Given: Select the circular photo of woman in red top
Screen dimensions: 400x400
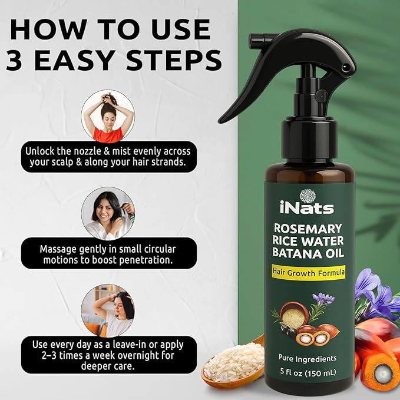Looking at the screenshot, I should click(108, 116).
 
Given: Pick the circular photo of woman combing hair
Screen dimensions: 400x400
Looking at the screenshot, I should click(108, 213).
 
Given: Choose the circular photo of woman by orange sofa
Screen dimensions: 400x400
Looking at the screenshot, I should click(108, 310).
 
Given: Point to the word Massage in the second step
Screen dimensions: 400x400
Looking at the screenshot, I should click(57, 249).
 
